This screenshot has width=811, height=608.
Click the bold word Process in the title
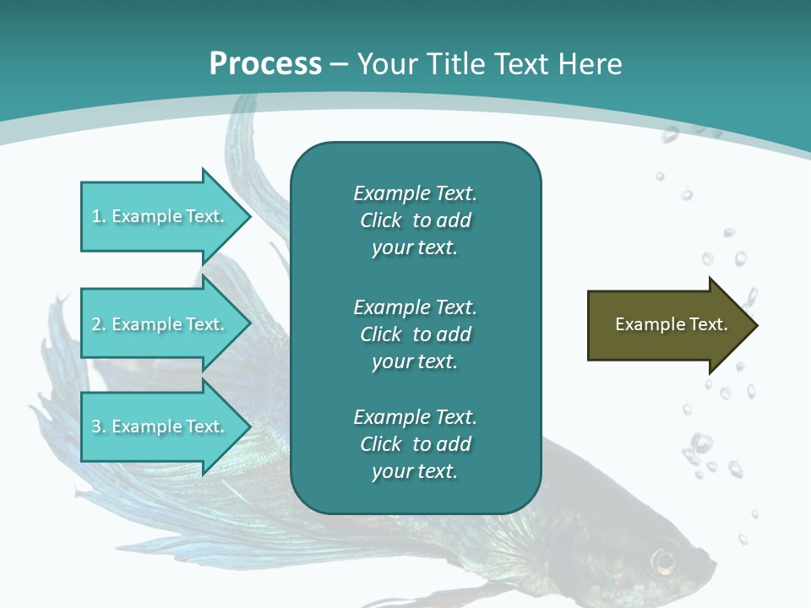(x=265, y=64)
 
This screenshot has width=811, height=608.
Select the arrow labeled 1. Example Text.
(x=161, y=216)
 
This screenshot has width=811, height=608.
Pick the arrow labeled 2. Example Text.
(x=161, y=324)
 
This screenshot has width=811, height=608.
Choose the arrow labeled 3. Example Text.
(x=161, y=426)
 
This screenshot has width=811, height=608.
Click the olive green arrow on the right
(x=667, y=325)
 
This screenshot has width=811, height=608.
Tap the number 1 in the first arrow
(x=96, y=216)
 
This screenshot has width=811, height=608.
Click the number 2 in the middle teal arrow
(x=96, y=324)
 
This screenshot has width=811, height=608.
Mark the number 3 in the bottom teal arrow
(x=96, y=426)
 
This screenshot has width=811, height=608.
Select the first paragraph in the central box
(x=415, y=220)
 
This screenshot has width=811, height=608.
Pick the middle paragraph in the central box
(x=415, y=334)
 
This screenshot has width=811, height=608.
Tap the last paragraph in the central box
(x=415, y=444)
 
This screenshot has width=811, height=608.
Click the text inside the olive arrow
(x=671, y=324)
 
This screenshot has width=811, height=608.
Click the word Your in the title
(x=386, y=64)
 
